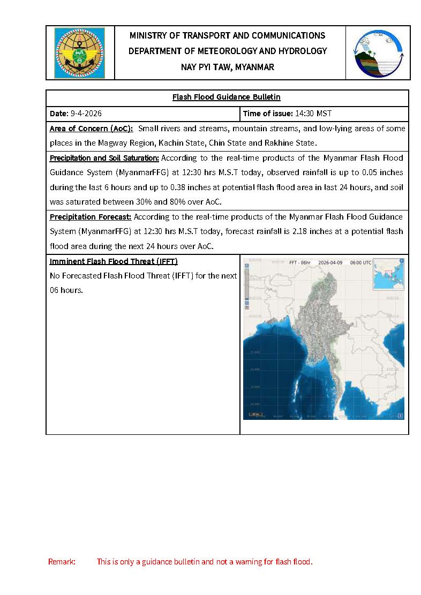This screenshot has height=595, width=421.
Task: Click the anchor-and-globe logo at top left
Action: click(x=79, y=53)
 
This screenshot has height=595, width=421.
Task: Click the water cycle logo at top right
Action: click(x=378, y=53)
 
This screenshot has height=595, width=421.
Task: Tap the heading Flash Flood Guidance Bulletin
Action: click(x=226, y=97)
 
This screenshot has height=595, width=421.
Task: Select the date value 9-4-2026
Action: click(x=86, y=114)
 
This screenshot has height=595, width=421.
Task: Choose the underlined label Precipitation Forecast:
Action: click(x=91, y=217)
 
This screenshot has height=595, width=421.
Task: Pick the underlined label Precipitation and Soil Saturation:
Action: click(x=104, y=158)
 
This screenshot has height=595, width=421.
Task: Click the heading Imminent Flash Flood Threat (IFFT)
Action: click(x=114, y=261)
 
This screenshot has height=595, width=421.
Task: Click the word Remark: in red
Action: click(x=62, y=562)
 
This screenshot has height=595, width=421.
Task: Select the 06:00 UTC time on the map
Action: click(x=361, y=263)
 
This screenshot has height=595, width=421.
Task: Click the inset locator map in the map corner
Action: click(x=388, y=274)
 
